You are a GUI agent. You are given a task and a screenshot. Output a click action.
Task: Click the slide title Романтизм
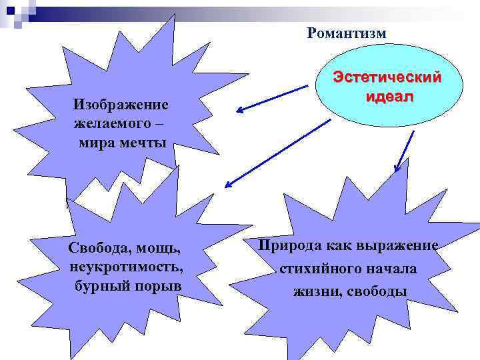pyautogui.click(x=347, y=33)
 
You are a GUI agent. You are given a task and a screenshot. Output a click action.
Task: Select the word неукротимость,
pyautogui.click(x=125, y=267)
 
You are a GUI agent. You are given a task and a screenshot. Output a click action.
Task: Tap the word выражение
pyautogui.click(x=397, y=245)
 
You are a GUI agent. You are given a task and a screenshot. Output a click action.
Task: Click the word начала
pyautogui.click(x=394, y=269)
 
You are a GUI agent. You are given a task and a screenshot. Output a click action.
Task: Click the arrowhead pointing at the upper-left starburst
pyautogui.click(x=238, y=111)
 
